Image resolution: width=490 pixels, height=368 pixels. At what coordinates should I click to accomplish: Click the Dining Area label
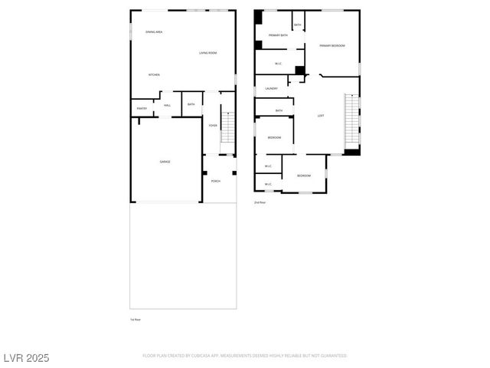pyautogui.click(x=154, y=31)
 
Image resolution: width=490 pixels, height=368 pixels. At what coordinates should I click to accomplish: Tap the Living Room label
pyautogui.click(x=208, y=53)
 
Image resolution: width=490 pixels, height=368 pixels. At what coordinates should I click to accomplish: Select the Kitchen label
pyautogui.click(x=154, y=74)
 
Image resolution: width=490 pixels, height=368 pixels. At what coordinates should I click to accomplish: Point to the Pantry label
pyautogui.click(x=142, y=108)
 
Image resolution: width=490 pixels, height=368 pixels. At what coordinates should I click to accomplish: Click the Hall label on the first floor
pyautogui.click(x=167, y=104)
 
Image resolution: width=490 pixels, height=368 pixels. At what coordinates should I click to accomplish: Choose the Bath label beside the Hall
pyautogui.click(x=191, y=104)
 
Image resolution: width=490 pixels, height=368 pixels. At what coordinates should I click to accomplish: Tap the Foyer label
pyautogui.click(x=213, y=125)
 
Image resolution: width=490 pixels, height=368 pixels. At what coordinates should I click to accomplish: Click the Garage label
pyautogui.click(x=165, y=162)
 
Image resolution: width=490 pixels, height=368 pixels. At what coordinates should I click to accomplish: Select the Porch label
pyautogui.click(x=216, y=181)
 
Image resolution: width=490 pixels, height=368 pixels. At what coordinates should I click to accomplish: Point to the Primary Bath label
pyautogui.click(x=278, y=35)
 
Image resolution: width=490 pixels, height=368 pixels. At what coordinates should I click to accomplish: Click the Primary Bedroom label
pyautogui.click(x=332, y=46)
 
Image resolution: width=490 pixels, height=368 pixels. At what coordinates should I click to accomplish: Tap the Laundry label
pyautogui.click(x=271, y=89)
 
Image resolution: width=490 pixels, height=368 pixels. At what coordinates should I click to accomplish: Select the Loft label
pyautogui.click(x=321, y=116)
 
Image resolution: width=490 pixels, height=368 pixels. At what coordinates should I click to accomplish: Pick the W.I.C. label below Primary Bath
pyautogui.click(x=280, y=63)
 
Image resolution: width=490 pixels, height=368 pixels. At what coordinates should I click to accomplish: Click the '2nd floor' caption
pyautogui.click(x=260, y=202)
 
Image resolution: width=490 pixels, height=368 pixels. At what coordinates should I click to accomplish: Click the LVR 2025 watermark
pyautogui.click(x=27, y=357)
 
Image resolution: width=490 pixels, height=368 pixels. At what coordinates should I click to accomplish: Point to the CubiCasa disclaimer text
pyautogui.click(x=245, y=356)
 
